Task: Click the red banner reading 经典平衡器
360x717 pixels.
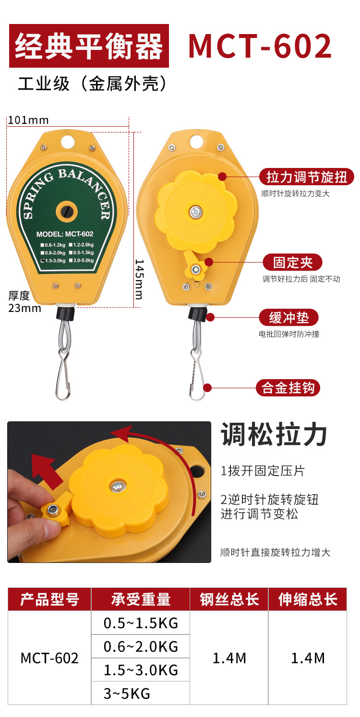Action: pos(89,46)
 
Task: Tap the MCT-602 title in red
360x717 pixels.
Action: pos(260,46)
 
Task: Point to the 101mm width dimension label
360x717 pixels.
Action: pos(28,120)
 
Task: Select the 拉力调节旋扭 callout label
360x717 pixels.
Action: pos(307,177)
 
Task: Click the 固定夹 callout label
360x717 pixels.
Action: pos(292,263)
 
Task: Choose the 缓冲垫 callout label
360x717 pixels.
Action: pos(289,318)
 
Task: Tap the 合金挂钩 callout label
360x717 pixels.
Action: pos(288,387)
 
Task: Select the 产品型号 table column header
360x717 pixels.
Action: pos(49,599)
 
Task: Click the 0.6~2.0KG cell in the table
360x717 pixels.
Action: pos(141,646)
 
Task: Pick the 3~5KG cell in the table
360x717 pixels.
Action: pos(127,693)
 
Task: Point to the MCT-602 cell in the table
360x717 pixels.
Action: pos(49,658)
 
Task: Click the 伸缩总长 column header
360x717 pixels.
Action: pos(308,599)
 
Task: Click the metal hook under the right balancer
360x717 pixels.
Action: pos(198,374)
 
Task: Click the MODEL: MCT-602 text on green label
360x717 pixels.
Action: pos(65,234)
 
